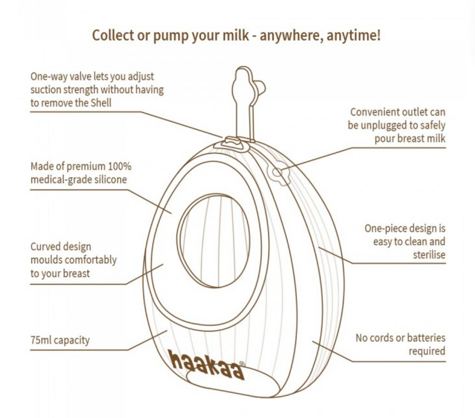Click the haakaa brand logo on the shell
coord(207,365)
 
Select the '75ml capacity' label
coord(60,340)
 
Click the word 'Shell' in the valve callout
coord(101,102)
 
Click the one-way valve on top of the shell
coord(232,142)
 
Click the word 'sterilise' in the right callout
coord(429,255)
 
